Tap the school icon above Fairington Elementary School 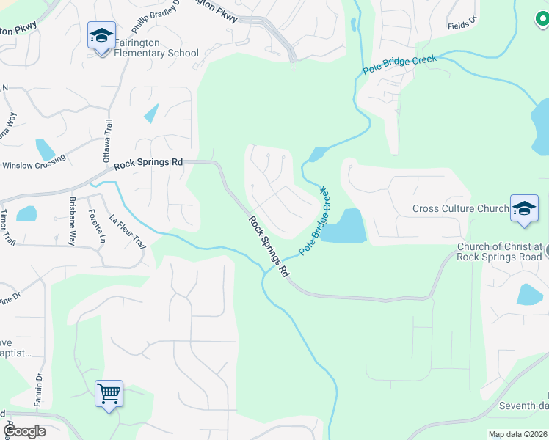pyautogui.click(x=101, y=35)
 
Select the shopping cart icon pyautogui.click(x=109, y=394)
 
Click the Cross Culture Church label pyautogui.click(x=460, y=209)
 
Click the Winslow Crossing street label pyautogui.click(x=35, y=166)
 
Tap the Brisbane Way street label pyautogui.click(x=73, y=221)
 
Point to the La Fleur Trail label pyautogui.click(x=128, y=231)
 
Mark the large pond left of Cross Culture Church pyautogui.click(x=343, y=227)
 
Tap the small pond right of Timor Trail pyautogui.click(x=26, y=213)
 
